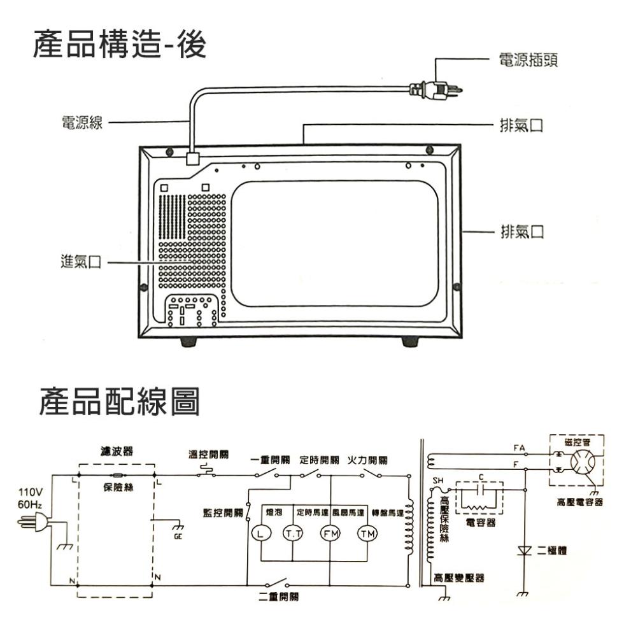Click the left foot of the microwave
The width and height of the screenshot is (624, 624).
point(188,342)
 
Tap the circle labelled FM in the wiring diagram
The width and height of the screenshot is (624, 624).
point(330,533)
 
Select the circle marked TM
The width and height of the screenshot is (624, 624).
point(367,533)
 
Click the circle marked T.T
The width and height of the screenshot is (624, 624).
point(293,533)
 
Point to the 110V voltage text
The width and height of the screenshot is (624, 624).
point(32,493)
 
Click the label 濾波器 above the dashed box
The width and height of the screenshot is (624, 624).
point(115,451)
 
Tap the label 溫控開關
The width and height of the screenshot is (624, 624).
point(209,455)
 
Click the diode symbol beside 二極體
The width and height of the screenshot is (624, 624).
point(525,550)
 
